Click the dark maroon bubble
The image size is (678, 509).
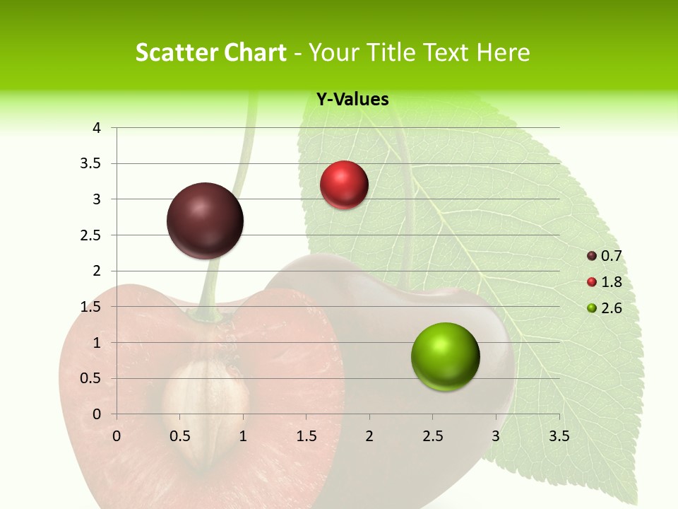tap(205, 221)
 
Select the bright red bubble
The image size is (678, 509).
tap(344, 185)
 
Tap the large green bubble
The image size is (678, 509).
tap(445, 356)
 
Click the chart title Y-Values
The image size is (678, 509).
tap(352, 100)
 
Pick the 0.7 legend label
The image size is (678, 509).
tap(611, 256)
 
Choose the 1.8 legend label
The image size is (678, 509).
tap(611, 282)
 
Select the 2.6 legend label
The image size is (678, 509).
tap(611, 308)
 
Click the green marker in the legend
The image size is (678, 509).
tap(592, 308)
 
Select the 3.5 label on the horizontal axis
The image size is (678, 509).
tap(559, 436)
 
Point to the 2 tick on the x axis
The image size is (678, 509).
tap(369, 436)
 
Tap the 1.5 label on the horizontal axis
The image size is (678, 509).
tap(306, 436)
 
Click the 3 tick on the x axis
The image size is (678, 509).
tap(496, 436)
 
